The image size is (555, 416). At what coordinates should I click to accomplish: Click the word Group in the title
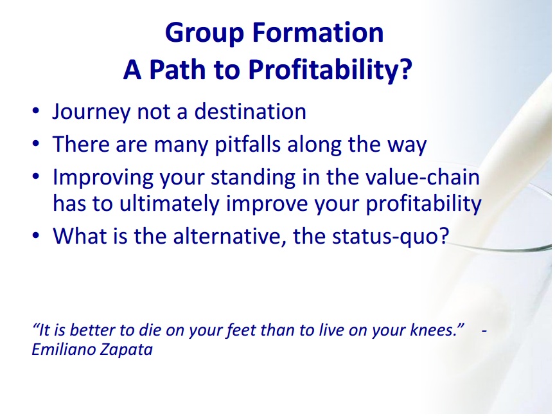click(204, 33)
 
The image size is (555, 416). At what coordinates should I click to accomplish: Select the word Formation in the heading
click(318, 32)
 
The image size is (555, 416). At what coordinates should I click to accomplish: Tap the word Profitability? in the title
click(330, 70)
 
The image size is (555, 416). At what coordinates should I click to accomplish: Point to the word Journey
click(91, 113)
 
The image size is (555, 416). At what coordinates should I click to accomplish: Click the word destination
click(251, 111)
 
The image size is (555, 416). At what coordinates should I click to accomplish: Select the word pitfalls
click(248, 145)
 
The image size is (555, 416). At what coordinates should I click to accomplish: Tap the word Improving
click(103, 177)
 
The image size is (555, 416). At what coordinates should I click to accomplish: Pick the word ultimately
click(169, 204)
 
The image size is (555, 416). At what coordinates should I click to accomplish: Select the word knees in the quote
click(433, 330)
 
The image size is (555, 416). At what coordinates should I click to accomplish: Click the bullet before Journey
click(35, 111)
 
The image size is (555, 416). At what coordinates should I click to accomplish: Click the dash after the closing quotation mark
click(484, 330)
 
